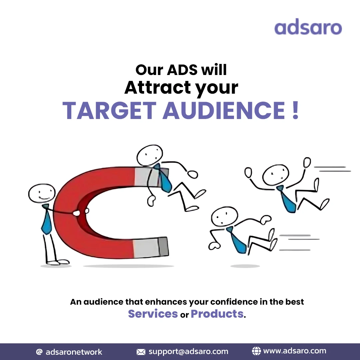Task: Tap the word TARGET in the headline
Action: tap(109, 110)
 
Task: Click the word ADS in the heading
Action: tap(181, 69)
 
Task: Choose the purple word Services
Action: tap(153, 314)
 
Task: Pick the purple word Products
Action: tap(217, 314)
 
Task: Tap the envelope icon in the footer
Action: tap(141, 352)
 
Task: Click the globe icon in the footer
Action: tap(256, 351)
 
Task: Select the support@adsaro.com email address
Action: tap(188, 352)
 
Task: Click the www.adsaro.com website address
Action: tap(294, 351)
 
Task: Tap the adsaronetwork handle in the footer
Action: tap(74, 352)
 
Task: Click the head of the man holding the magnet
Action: tap(41, 193)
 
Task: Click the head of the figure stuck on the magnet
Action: tap(150, 155)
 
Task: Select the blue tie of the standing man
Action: tap(46, 221)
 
